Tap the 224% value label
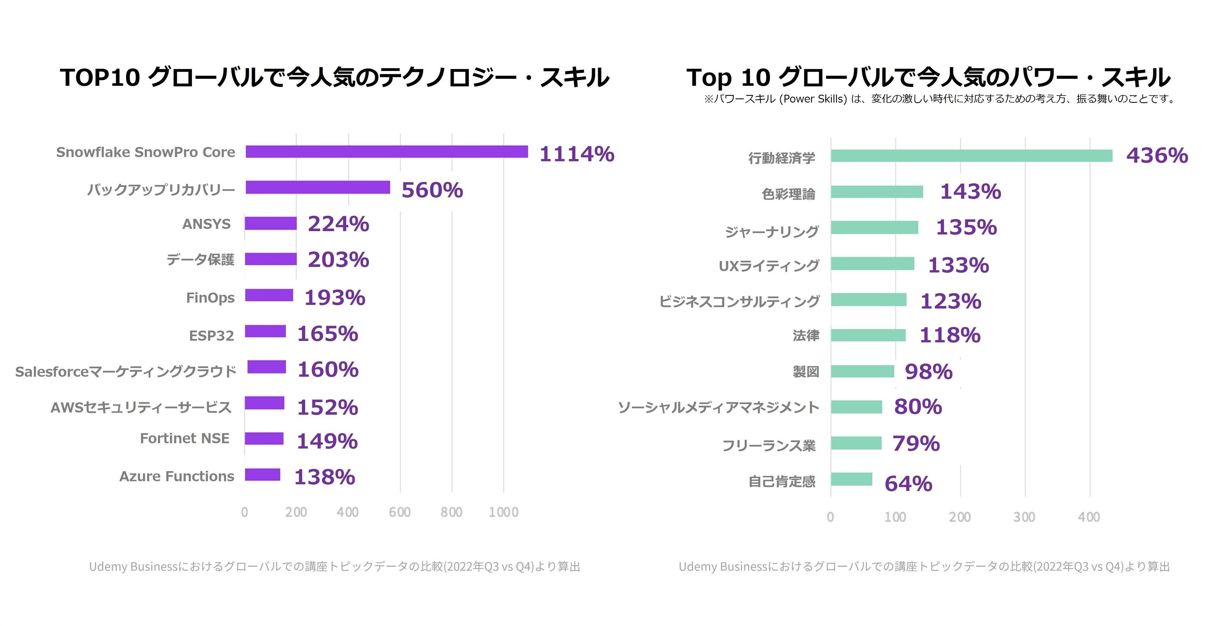coord(338,224)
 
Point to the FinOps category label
coord(210,298)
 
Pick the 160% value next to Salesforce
coord(328,370)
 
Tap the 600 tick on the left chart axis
coord(400,512)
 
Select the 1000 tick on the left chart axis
coord(503,512)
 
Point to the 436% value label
coord(1157,156)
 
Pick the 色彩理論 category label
coord(788,194)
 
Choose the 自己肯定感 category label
coord(782,481)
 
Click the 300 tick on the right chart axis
coord(1024,517)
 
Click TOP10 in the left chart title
coord(100,77)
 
